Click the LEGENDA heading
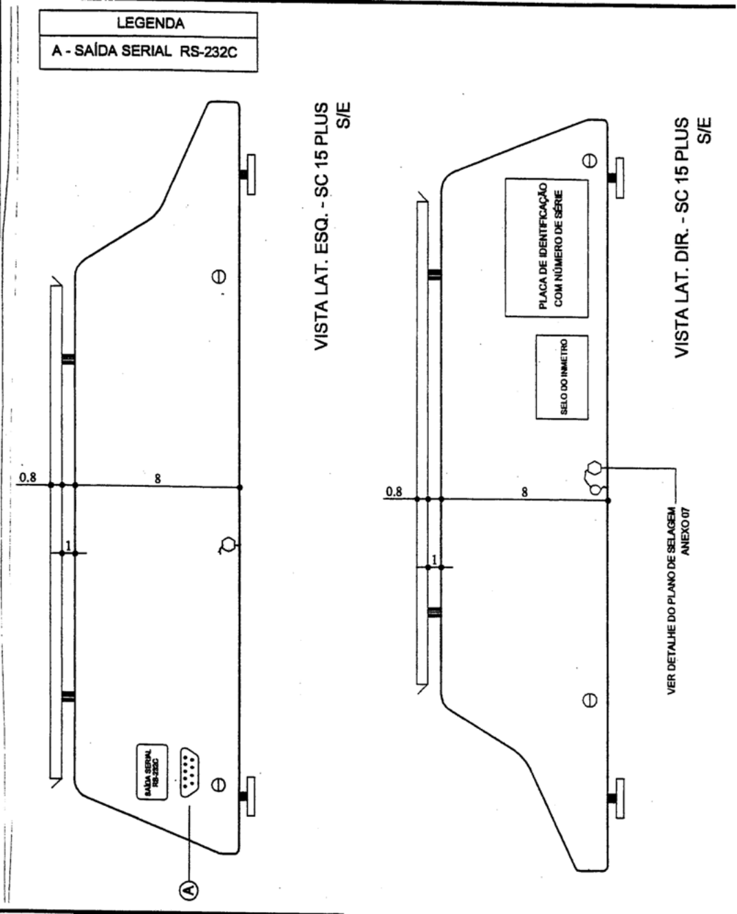[x=151, y=23]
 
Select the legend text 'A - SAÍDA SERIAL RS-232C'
[x=145, y=52]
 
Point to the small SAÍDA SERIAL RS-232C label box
[x=152, y=772]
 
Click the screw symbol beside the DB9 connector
[x=218, y=785]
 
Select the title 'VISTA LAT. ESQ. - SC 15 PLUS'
[x=322, y=226]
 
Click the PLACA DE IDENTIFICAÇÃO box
[x=547, y=248]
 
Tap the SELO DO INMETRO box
[x=562, y=377]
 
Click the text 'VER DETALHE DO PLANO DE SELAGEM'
[x=672, y=601]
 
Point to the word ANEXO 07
[x=685, y=532]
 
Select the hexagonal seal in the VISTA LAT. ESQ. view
[x=228, y=545]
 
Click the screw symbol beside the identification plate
[x=590, y=160]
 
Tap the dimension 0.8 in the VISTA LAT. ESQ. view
[x=28, y=477]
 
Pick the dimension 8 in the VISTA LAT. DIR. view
[x=525, y=492]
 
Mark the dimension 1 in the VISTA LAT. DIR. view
[x=434, y=560]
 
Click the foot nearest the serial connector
[x=248, y=796]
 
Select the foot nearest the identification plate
[x=617, y=178]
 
